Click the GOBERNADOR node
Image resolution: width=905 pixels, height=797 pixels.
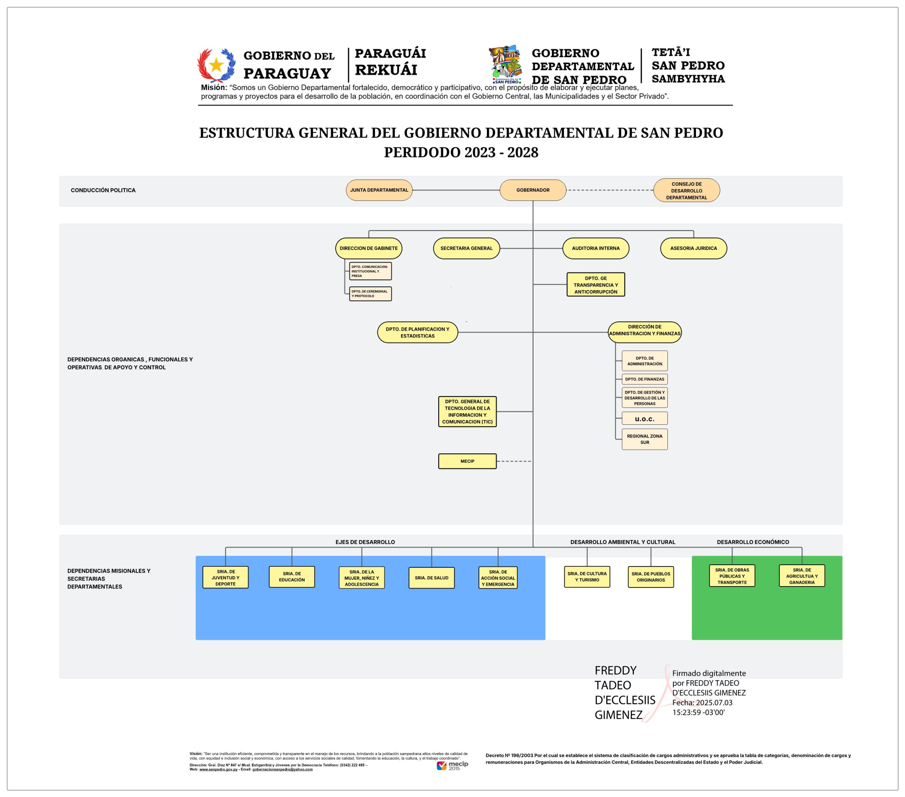click(x=533, y=190)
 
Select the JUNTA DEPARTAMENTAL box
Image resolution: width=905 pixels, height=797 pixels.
click(x=379, y=190)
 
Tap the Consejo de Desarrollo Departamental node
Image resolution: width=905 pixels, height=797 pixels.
click(x=686, y=190)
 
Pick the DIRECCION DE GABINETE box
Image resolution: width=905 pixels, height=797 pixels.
click(x=368, y=249)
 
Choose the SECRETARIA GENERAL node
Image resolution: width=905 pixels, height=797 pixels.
click(x=466, y=249)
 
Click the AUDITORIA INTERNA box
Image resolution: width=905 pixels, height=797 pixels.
click(x=595, y=249)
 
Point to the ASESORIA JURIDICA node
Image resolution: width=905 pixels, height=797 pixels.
click(x=693, y=249)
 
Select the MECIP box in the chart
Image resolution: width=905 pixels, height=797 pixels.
click(x=467, y=461)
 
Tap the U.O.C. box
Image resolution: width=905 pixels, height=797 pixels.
click(x=644, y=419)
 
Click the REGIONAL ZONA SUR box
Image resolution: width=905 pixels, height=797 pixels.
click(x=644, y=439)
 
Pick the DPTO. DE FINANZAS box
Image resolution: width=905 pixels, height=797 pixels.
click(x=644, y=379)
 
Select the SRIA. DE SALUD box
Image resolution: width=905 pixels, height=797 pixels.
click(x=431, y=578)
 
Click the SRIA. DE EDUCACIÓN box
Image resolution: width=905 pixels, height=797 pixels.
click(x=292, y=577)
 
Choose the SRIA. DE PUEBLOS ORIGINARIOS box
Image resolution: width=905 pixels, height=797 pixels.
click(x=650, y=577)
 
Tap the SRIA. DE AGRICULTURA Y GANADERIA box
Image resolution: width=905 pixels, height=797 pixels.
click(x=802, y=576)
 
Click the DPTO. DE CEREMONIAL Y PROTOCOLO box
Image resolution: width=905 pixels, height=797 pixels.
click(x=370, y=294)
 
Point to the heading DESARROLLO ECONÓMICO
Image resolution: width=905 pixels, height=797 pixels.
click(x=752, y=542)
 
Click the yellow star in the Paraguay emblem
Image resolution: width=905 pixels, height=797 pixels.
click(x=216, y=65)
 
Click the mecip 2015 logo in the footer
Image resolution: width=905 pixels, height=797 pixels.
click(x=452, y=766)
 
